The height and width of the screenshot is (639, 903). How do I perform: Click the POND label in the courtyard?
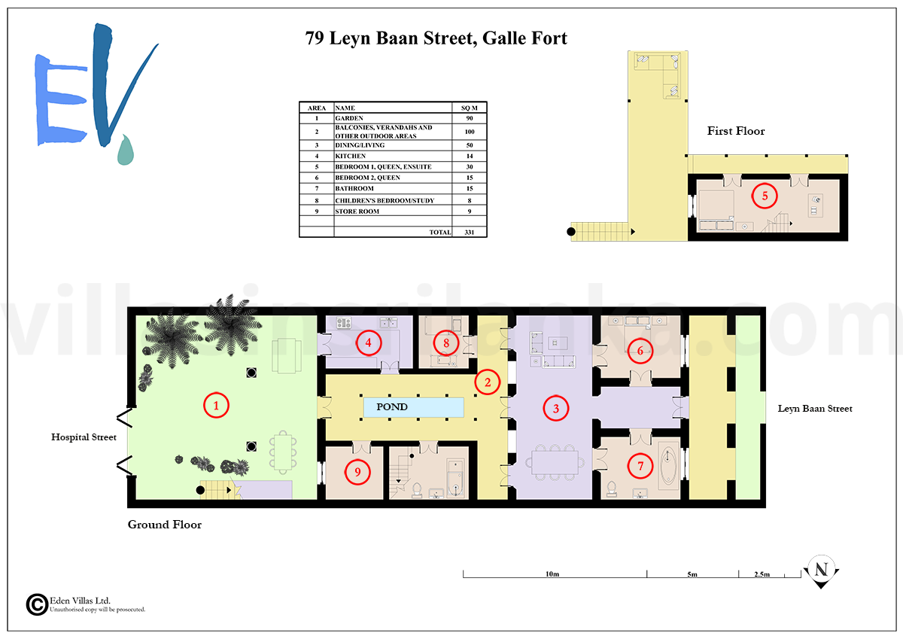pyautogui.click(x=392, y=406)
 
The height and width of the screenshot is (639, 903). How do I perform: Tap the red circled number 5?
pyautogui.click(x=765, y=196)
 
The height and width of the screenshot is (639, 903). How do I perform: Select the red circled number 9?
pyautogui.click(x=357, y=472)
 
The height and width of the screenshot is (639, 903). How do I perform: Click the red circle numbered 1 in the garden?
pyautogui.click(x=216, y=405)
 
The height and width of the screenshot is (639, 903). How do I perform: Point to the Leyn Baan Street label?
pyautogui.click(x=815, y=409)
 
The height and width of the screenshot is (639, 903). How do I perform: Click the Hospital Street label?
pyautogui.click(x=84, y=437)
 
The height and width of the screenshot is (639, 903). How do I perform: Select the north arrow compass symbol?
pyautogui.click(x=821, y=572)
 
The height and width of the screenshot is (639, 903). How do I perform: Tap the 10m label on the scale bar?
pyautogui.click(x=552, y=574)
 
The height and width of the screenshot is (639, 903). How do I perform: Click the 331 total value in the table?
pyautogui.click(x=470, y=233)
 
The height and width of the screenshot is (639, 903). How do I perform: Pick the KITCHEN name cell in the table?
pyautogui.click(x=351, y=156)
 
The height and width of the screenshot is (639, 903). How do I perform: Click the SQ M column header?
pyautogui.click(x=470, y=108)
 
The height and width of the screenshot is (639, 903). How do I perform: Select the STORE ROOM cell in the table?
pyautogui.click(x=357, y=211)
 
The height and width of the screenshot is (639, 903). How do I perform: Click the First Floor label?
pyautogui.click(x=736, y=131)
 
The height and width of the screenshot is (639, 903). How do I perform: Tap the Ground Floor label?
pyautogui.click(x=165, y=525)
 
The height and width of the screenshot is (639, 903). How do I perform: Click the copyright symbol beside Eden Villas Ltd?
pyautogui.click(x=37, y=604)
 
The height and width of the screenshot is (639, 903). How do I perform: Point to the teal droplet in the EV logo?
pyautogui.click(x=126, y=150)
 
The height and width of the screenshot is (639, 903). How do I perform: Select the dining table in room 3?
pyautogui.click(x=555, y=463)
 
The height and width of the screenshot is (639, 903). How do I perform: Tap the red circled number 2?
pyautogui.click(x=488, y=382)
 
